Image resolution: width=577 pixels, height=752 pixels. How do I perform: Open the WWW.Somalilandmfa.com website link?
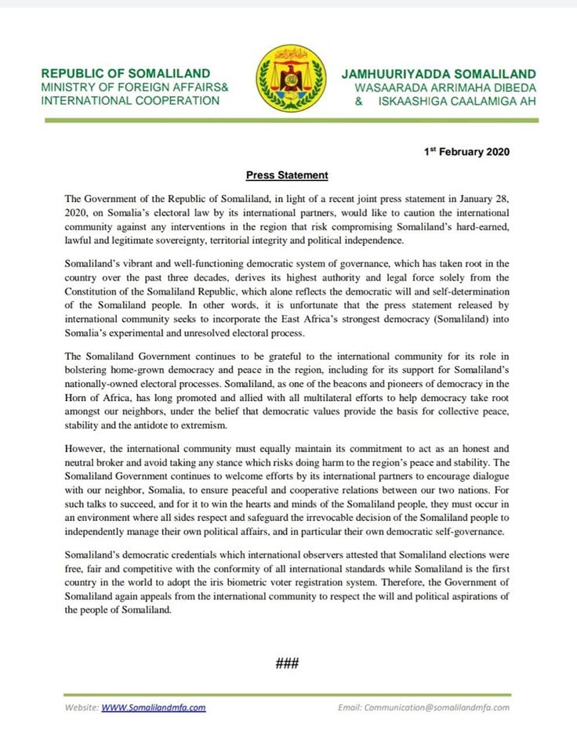[x=154, y=707]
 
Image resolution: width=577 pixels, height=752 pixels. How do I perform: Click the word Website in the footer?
[x=82, y=707]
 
